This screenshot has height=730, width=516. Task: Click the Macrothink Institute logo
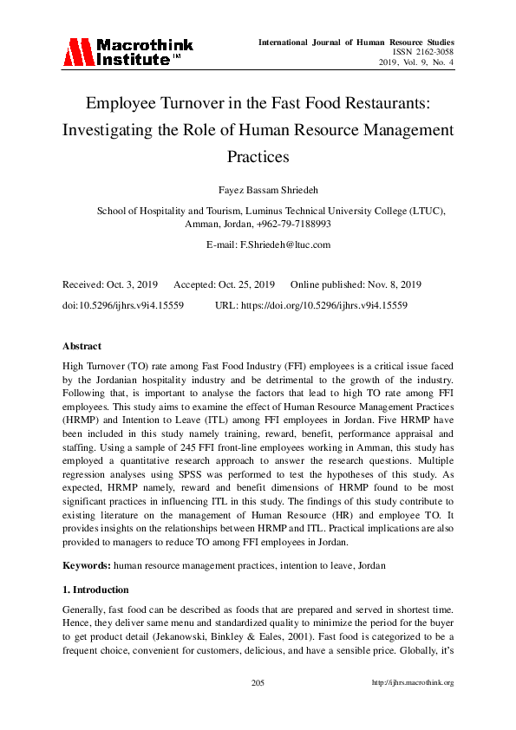coord(127,52)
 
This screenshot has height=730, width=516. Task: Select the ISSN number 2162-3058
coord(432,52)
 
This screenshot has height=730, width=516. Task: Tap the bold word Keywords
coord(84,565)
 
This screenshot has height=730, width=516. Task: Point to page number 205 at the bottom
coord(258,682)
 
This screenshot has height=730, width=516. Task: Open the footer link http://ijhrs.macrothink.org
coord(413,682)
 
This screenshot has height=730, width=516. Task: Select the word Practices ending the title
coord(258,158)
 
